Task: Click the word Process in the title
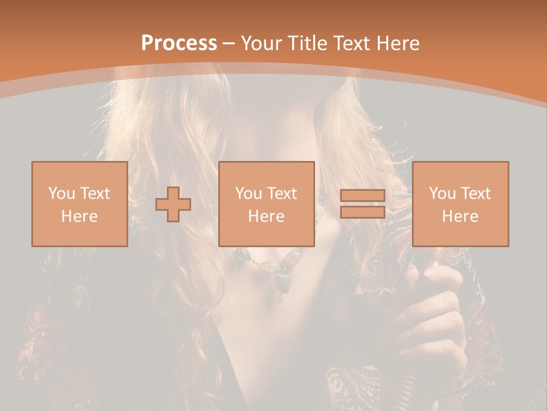pos(179,43)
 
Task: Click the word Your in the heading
pos(262,43)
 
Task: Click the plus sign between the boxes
pos(173,204)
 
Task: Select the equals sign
pos(362,204)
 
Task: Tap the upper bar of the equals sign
pos(362,196)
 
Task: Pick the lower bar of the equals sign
pos(362,212)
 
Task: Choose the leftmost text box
pos(79,204)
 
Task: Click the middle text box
pos(266,204)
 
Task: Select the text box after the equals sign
pos(460,204)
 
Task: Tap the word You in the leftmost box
pos(60,194)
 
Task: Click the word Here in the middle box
pos(266,216)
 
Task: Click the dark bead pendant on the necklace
pos(283,280)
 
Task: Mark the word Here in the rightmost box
pos(460,216)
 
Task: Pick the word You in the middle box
pos(248,194)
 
